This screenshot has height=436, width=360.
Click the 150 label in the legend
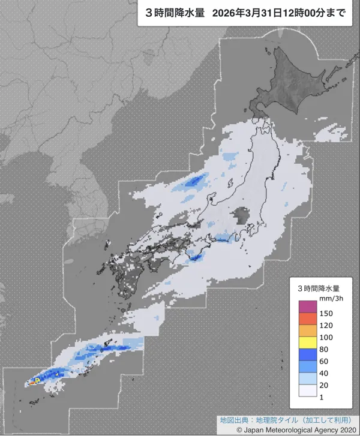(x=326, y=313)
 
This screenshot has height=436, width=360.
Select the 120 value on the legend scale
(x=326, y=326)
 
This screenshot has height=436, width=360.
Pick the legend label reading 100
(x=326, y=339)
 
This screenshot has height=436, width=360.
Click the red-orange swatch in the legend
(x=307, y=320)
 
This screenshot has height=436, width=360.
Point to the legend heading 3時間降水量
(x=318, y=288)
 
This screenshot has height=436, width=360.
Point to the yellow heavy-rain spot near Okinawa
(x=37, y=380)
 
